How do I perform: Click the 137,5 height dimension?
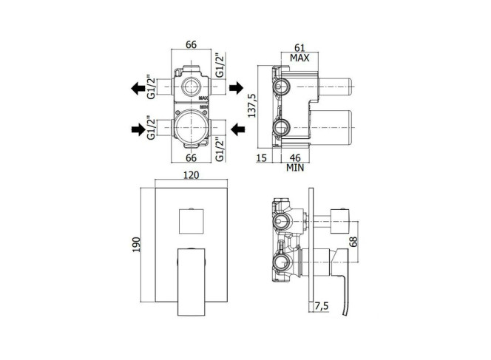pos(252,106)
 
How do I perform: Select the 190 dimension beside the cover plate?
pos(136,245)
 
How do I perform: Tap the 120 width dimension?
pos(191,175)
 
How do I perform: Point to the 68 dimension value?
pos(353,242)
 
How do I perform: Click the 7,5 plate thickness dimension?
pos(322,306)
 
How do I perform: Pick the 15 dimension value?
pos(262,157)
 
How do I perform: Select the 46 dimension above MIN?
pos(295,157)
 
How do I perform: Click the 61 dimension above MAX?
pos(299,47)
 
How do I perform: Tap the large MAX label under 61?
pos(299,58)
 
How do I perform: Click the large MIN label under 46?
pos(295,168)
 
